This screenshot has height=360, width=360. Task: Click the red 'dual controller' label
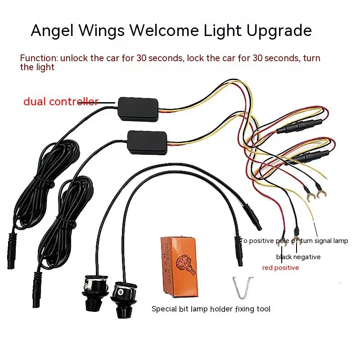coord(61,102)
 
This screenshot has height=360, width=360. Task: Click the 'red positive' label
coord(280,268)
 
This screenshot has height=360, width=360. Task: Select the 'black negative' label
coord(298,257)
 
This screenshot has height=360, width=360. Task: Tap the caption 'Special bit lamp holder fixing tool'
coord(211,309)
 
